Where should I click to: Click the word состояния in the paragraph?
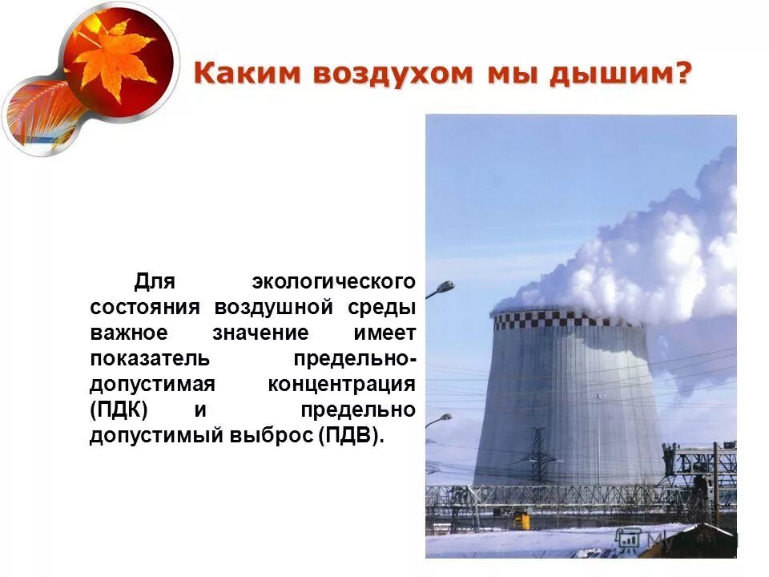pyautogui.click(x=147, y=308)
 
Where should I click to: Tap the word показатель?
pyautogui.click(x=150, y=358)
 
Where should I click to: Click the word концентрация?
pyautogui.click(x=341, y=384)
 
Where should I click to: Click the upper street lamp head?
pyautogui.click(x=446, y=286)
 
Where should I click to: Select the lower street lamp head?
pyautogui.click(x=443, y=418)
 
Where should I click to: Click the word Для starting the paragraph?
pyautogui.click(x=155, y=282)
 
